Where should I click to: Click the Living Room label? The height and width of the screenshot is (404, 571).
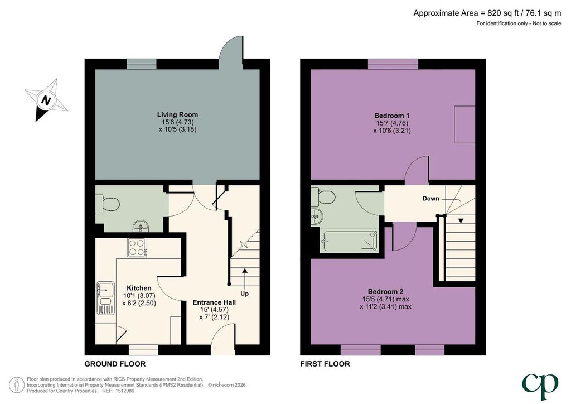[x=178, y=114]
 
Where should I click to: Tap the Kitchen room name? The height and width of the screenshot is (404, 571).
[x=139, y=288]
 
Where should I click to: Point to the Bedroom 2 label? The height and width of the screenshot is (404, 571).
[x=386, y=291]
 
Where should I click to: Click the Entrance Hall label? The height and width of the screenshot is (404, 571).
[x=214, y=302]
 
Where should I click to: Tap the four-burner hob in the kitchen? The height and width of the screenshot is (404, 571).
[x=137, y=247]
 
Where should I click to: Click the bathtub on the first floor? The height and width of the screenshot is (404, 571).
[x=349, y=242]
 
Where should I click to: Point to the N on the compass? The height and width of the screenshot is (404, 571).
[x=46, y=100]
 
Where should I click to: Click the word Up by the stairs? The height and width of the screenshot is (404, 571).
[x=244, y=294]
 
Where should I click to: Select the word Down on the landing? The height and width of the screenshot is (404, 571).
[x=431, y=199]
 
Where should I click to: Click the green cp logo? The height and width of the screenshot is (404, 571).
[x=540, y=386]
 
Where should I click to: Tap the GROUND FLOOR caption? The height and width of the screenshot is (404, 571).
[x=115, y=364]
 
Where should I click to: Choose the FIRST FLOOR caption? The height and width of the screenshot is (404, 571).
[x=325, y=364]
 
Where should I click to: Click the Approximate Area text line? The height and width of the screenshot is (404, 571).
[x=487, y=13]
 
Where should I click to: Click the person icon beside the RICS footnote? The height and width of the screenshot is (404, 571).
[x=17, y=384]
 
